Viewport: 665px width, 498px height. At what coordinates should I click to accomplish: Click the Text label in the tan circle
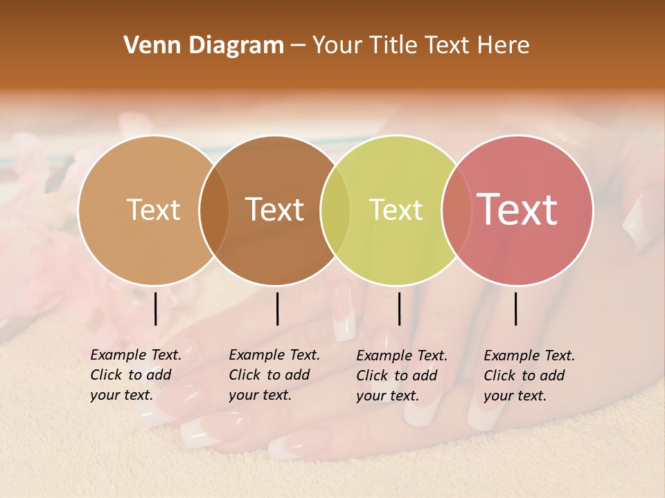(x=153, y=210)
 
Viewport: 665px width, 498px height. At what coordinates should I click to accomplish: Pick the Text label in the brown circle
(x=275, y=210)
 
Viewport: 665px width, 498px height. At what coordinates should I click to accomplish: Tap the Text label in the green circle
(x=396, y=210)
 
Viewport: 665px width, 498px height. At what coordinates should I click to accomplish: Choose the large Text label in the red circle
(x=517, y=209)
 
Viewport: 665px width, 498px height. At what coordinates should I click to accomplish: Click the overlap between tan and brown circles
(x=214, y=210)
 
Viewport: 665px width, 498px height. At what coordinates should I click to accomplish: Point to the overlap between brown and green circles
(x=335, y=210)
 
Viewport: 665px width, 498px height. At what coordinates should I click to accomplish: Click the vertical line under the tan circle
(x=156, y=308)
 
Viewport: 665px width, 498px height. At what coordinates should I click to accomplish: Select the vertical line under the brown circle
(x=277, y=308)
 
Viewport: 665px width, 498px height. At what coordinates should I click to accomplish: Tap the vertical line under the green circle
(x=399, y=308)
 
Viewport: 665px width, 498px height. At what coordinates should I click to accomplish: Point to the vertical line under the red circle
(x=516, y=308)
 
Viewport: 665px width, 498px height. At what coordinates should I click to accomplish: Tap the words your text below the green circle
(x=387, y=396)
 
